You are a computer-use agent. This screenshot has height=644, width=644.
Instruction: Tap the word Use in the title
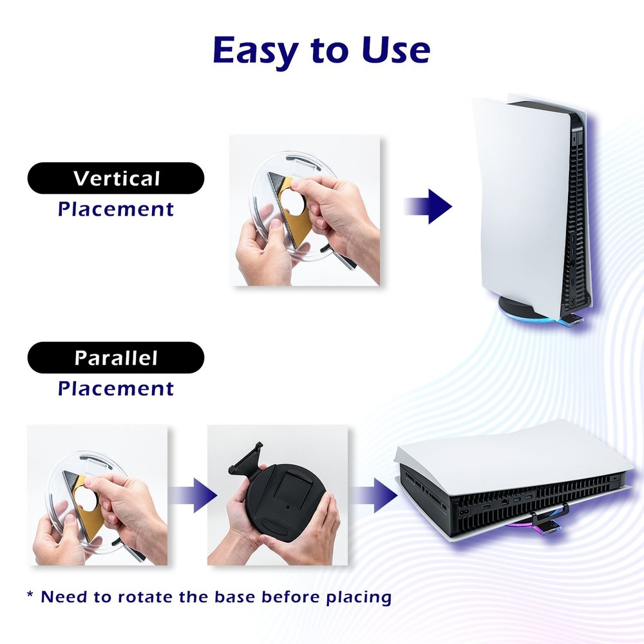[395, 50]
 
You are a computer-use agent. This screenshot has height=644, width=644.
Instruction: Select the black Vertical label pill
[116, 178]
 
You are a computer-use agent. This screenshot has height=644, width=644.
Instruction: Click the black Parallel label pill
[116, 357]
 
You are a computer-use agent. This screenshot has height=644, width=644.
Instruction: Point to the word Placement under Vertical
[116, 209]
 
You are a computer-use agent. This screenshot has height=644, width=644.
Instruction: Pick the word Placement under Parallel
[116, 388]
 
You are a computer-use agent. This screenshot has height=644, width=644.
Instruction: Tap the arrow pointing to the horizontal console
[375, 495]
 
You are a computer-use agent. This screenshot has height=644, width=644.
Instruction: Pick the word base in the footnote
[232, 597]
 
